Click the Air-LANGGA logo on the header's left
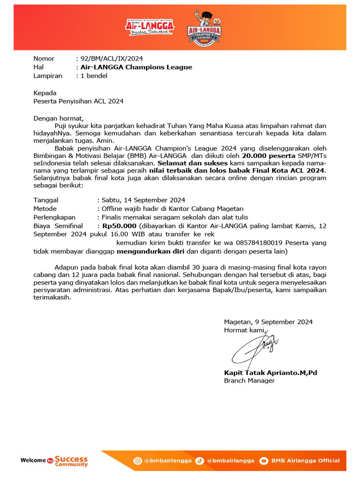click(150, 27)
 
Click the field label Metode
click(45, 209)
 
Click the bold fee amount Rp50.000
click(119, 225)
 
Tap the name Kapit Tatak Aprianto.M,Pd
click(270, 373)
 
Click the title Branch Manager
click(249, 381)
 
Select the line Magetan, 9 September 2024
click(268, 322)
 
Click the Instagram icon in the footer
click(138, 460)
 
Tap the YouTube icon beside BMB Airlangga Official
click(264, 460)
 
